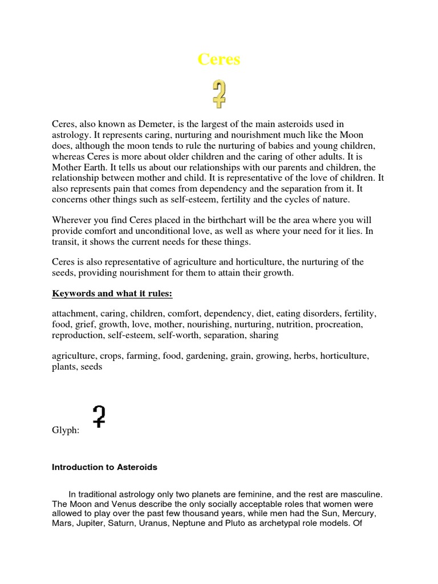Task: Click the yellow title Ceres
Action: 219,59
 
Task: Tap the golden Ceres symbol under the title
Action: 220,94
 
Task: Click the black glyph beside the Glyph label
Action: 99,417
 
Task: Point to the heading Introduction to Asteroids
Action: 104,467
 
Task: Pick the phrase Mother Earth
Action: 77,168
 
